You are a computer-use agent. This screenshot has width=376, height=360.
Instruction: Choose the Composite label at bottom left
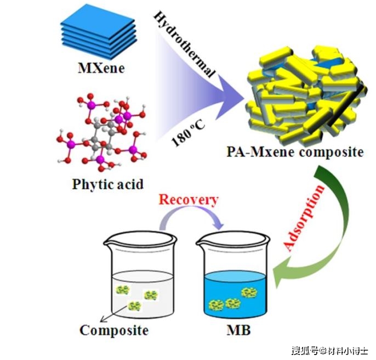click(x=114, y=330)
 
